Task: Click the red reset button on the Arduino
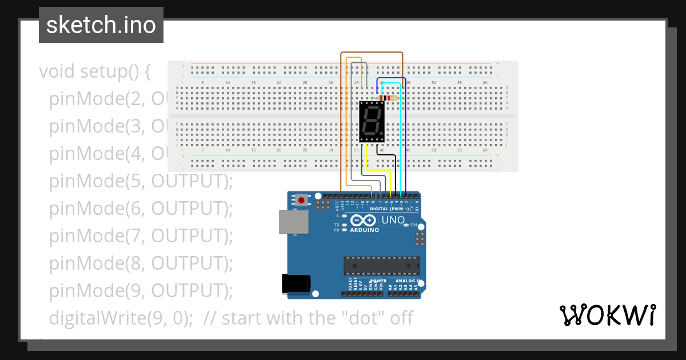point(301,200)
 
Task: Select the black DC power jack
point(296,284)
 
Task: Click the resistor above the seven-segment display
point(389,98)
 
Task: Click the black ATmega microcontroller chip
point(381,266)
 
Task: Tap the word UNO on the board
point(393,220)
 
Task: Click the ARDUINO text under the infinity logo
point(364,230)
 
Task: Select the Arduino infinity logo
point(364,220)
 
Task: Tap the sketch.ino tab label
point(101,25)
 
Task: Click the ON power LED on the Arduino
point(406,225)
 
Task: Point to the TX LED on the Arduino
point(344,225)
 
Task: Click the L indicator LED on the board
point(344,216)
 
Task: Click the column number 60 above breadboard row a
point(485,83)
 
